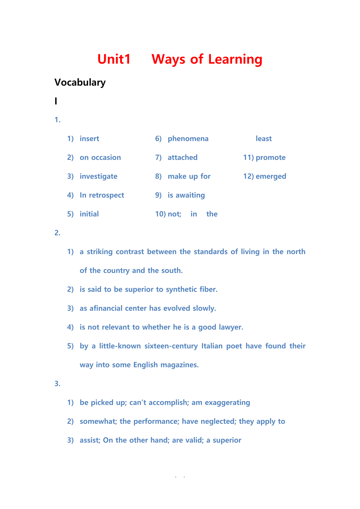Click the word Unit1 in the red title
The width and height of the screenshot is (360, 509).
click(x=114, y=59)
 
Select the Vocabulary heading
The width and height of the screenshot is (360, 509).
click(x=80, y=82)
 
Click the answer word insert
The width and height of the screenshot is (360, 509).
click(x=89, y=139)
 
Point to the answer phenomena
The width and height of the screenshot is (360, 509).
click(x=188, y=139)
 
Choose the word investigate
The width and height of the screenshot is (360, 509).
click(x=98, y=176)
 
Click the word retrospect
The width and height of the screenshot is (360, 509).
click(x=106, y=195)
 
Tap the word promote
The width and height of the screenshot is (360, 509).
click(x=270, y=158)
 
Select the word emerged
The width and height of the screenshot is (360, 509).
click(x=271, y=176)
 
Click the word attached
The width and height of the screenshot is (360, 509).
click(x=182, y=158)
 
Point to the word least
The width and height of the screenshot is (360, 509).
click(x=264, y=139)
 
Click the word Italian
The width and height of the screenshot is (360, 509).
click(x=212, y=346)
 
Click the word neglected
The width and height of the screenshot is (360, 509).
click(x=218, y=421)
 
